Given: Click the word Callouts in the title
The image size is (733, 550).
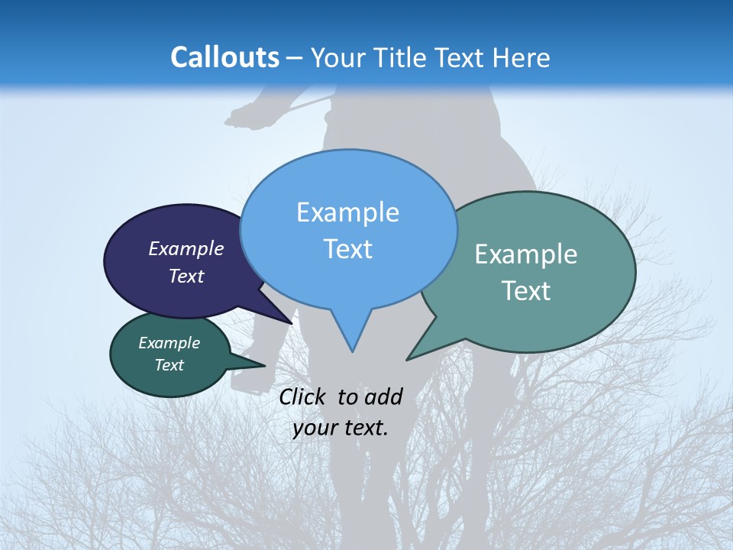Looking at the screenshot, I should click(224, 57).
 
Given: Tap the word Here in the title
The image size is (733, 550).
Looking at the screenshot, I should click(522, 57).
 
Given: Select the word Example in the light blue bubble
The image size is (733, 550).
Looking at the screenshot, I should click(347, 212).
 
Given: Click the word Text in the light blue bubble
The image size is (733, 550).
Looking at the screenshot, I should click(347, 248).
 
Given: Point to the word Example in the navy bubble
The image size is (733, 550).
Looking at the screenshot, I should click(186, 248).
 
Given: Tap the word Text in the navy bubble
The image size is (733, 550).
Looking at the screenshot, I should click(186, 276).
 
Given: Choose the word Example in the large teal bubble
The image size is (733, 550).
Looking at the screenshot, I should click(526, 254).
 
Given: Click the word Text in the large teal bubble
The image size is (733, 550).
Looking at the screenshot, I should click(526, 290).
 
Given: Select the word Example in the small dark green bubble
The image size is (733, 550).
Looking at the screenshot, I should click(169, 343).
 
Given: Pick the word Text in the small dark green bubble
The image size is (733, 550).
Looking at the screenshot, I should click(169, 365).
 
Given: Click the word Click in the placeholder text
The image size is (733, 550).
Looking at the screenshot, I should click(303, 396).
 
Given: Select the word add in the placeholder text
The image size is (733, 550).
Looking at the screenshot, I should click(383, 396).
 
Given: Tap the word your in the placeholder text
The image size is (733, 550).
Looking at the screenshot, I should click(315, 428).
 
